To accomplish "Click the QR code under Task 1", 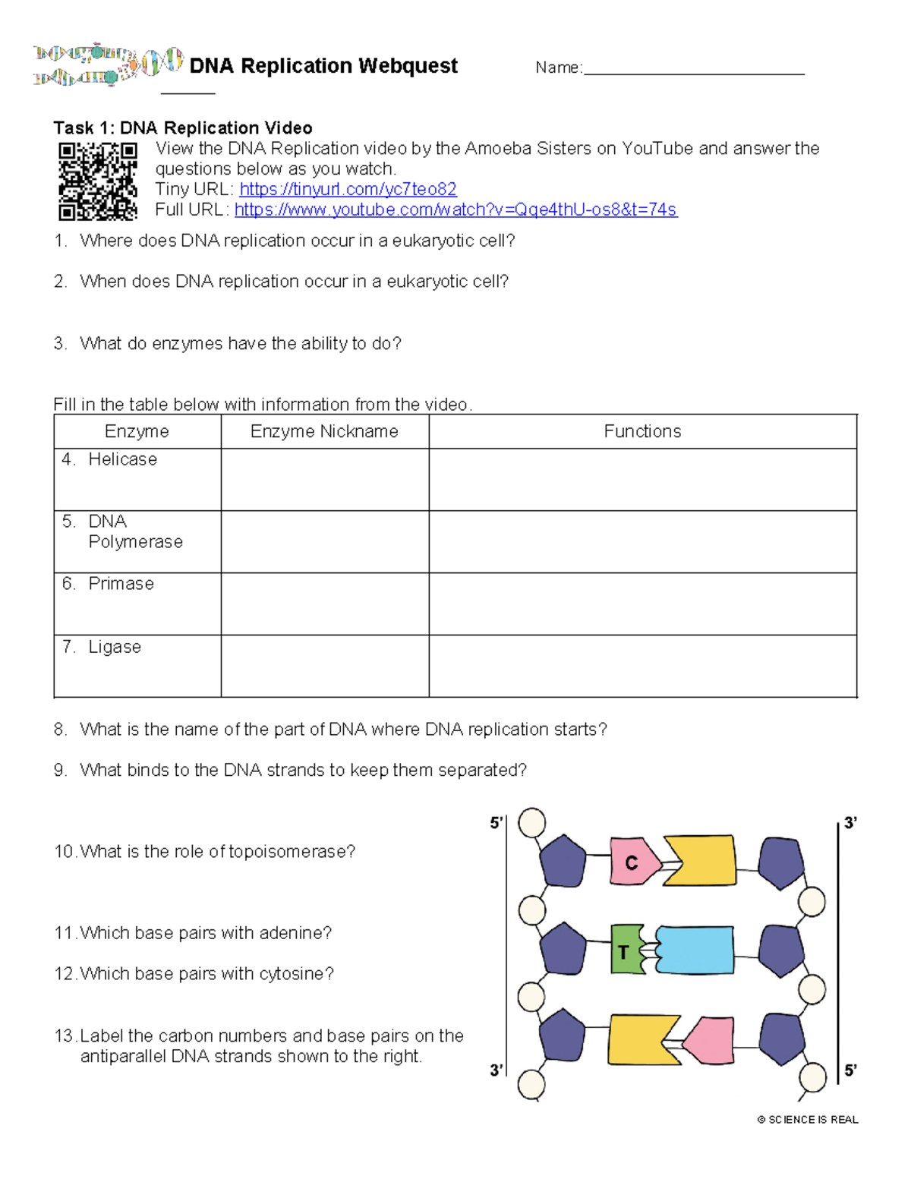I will (98, 181).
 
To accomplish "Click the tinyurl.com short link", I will (348, 189).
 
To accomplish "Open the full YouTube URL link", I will (455, 210).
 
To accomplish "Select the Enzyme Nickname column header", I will (324, 431).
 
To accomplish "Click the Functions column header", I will (642, 431).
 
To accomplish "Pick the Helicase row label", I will (122, 459).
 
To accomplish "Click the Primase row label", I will (121, 584).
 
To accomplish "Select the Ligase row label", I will (115, 647).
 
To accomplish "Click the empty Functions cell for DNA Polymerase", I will (642, 542).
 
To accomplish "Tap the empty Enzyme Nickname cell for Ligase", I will (324, 666).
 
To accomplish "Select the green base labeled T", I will (626, 950).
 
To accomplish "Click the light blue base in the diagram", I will (695, 950).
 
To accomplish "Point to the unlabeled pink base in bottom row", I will (711, 1040).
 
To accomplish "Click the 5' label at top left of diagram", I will (496, 823).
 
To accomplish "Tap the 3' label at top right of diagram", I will (851, 823).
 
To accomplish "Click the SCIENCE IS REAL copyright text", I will (808, 1120).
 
